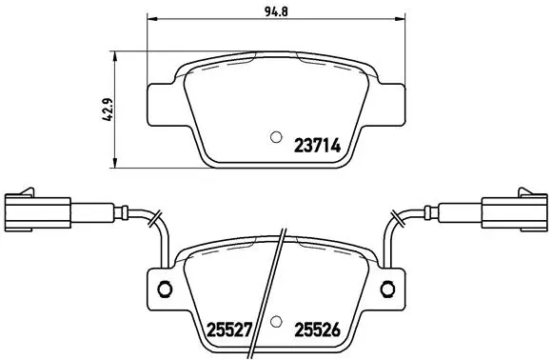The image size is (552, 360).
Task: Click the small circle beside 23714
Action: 275,135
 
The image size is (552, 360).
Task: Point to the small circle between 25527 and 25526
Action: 275,321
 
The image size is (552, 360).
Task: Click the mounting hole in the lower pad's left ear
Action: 163,290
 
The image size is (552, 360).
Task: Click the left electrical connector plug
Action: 36,211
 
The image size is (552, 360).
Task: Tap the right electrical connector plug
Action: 515,211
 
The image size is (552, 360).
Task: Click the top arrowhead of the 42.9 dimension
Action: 115,50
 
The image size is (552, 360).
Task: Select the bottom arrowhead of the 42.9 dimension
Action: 115,159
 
